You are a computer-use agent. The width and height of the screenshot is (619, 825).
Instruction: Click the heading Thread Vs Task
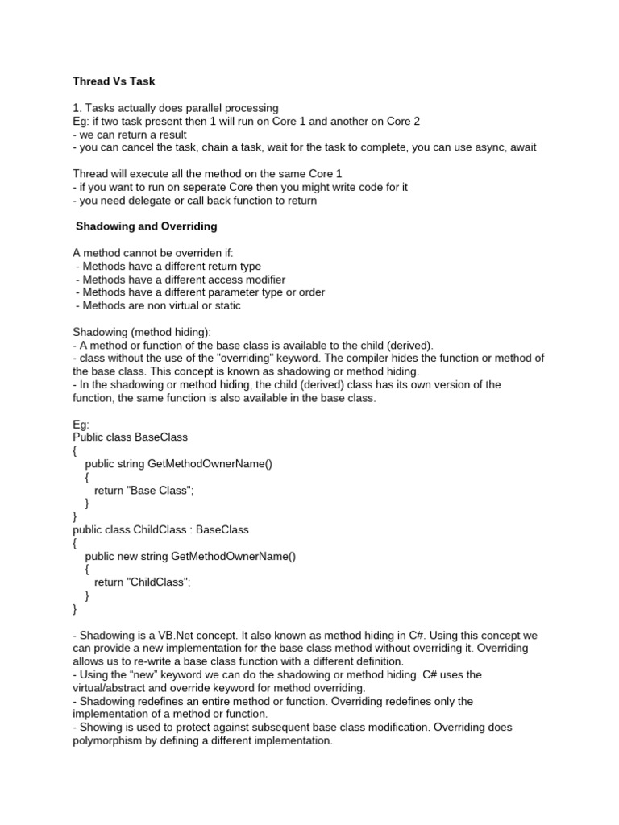pos(114,81)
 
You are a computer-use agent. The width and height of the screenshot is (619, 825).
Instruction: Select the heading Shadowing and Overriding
pos(146,226)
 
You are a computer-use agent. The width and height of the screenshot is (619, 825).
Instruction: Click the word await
pos(520,147)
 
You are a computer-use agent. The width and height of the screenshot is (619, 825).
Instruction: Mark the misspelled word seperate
pos(189,187)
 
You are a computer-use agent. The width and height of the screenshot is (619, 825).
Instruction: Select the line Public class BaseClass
pos(130,437)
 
